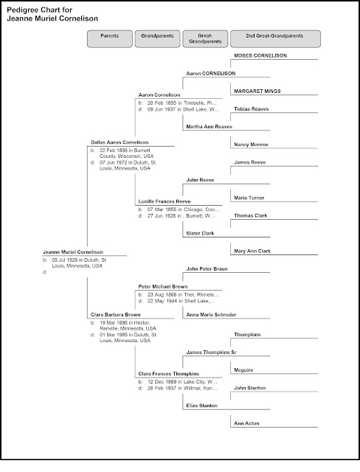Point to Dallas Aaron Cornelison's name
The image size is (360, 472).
pos(120,141)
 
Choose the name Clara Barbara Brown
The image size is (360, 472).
pos(115,314)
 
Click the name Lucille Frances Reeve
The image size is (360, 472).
pos(165,201)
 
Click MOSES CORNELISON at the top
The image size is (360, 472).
pos(260,55)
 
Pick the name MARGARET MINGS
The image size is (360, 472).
pos(257,91)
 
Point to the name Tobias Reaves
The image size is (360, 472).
pos(251,108)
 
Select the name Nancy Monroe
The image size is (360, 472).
pos(251,144)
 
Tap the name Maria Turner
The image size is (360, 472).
pos(248,198)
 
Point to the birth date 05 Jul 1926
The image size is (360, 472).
pos(75,260)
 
